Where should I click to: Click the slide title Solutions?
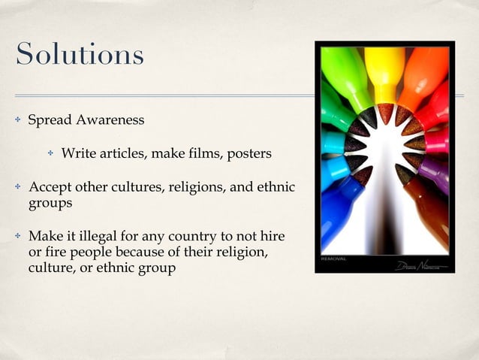(x=79, y=54)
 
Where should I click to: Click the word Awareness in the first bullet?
(x=108, y=120)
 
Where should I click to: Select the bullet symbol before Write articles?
(x=51, y=154)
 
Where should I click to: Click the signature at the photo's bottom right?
(x=422, y=265)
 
